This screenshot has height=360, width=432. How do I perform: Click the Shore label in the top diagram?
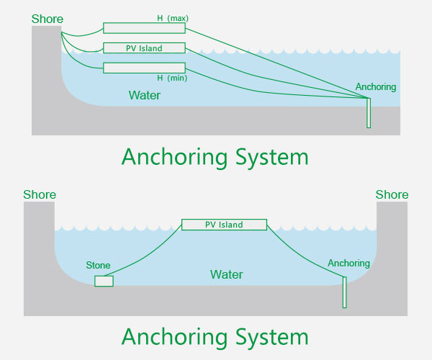tap(47, 19)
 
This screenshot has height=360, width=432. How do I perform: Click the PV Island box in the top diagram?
tap(144, 48)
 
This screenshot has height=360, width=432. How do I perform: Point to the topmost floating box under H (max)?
tap(144, 28)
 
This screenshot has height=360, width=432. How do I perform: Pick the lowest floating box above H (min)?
tap(144, 68)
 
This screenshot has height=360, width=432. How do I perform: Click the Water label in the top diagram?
tap(145, 95)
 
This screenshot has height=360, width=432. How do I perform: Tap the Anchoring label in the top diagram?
tap(376, 87)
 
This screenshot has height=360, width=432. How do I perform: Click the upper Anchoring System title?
tap(215, 156)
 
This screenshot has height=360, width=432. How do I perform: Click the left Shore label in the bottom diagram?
tap(40, 194)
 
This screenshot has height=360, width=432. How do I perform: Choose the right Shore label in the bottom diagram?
tap(392, 194)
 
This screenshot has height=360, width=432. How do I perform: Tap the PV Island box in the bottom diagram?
tap(224, 225)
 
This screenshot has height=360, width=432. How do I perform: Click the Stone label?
tap(99, 266)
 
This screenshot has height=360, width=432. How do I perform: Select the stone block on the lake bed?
tap(104, 281)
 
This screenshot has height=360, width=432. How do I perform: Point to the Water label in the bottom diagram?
tap(226, 274)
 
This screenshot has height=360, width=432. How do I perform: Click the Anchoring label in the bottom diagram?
tap(348, 263)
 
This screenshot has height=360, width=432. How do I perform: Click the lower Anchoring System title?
tap(215, 336)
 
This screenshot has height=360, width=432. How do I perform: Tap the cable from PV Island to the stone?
tap(144, 253)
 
